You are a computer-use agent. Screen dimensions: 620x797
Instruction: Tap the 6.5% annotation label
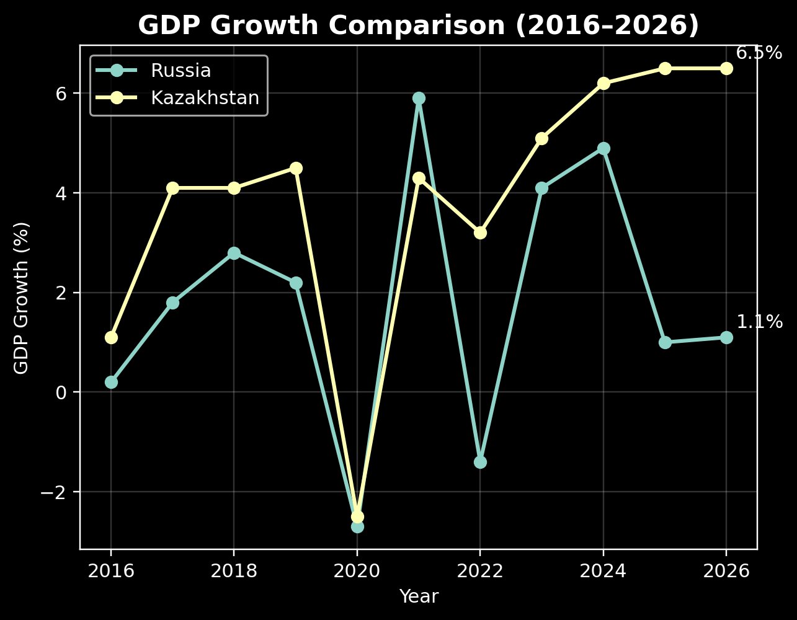[x=759, y=53]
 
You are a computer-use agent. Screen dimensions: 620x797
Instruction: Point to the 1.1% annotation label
[x=759, y=322]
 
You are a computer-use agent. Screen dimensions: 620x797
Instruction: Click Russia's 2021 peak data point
[x=419, y=98]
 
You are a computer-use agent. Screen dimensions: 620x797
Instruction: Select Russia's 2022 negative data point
[x=480, y=462]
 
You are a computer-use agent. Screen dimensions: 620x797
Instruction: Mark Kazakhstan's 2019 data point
[x=296, y=168]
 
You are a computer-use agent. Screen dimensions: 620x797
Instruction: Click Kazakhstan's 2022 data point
[x=480, y=232]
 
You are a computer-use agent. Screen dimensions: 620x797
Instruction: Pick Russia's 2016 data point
[x=111, y=382]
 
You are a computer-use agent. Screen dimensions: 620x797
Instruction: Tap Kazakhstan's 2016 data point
[x=111, y=337]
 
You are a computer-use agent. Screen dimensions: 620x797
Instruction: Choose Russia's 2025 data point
[x=665, y=342]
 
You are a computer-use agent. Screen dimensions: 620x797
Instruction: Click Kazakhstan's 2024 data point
[x=603, y=83]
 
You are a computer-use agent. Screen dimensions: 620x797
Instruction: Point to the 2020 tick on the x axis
[x=357, y=571]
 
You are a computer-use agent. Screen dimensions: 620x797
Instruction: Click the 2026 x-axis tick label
[x=726, y=571]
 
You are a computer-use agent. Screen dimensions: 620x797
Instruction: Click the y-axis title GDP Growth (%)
[x=22, y=298]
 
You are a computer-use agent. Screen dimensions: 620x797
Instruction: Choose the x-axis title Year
[x=419, y=596]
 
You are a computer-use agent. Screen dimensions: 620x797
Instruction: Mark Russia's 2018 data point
[x=234, y=253]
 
